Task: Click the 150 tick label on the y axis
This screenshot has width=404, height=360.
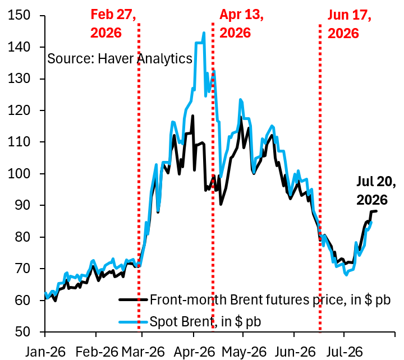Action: pos(19,15)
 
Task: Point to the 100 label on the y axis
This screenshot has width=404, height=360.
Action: pos(19,174)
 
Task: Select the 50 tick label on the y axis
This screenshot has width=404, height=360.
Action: pos(22,331)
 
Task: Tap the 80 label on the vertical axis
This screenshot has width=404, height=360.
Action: pos(22,237)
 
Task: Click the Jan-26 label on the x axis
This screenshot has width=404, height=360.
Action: pos(45,352)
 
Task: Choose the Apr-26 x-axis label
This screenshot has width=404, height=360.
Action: pos(194,352)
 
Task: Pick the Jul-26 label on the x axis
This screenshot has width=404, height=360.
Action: pos(345,352)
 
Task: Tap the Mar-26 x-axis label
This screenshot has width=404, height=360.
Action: pos(143,352)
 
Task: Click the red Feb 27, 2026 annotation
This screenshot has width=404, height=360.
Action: pos(113,24)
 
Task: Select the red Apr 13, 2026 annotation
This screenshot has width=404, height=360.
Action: pos(241,24)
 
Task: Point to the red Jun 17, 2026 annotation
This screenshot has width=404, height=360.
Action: pos(349,24)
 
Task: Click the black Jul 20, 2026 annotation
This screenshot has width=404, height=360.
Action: pos(376,191)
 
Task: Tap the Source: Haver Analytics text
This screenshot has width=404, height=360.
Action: pos(120,59)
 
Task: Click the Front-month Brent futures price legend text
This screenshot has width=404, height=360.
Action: pos(270,300)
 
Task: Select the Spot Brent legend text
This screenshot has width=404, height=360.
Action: pos(205,322)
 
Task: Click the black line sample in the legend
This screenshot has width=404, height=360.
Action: pos(133,300)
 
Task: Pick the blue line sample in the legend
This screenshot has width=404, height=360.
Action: pos(133,322)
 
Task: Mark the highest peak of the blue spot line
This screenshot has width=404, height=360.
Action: pos(204,33)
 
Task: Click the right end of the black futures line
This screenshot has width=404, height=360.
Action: pos(377,211)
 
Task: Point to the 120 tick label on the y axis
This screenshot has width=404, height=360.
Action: pos(19,110)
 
